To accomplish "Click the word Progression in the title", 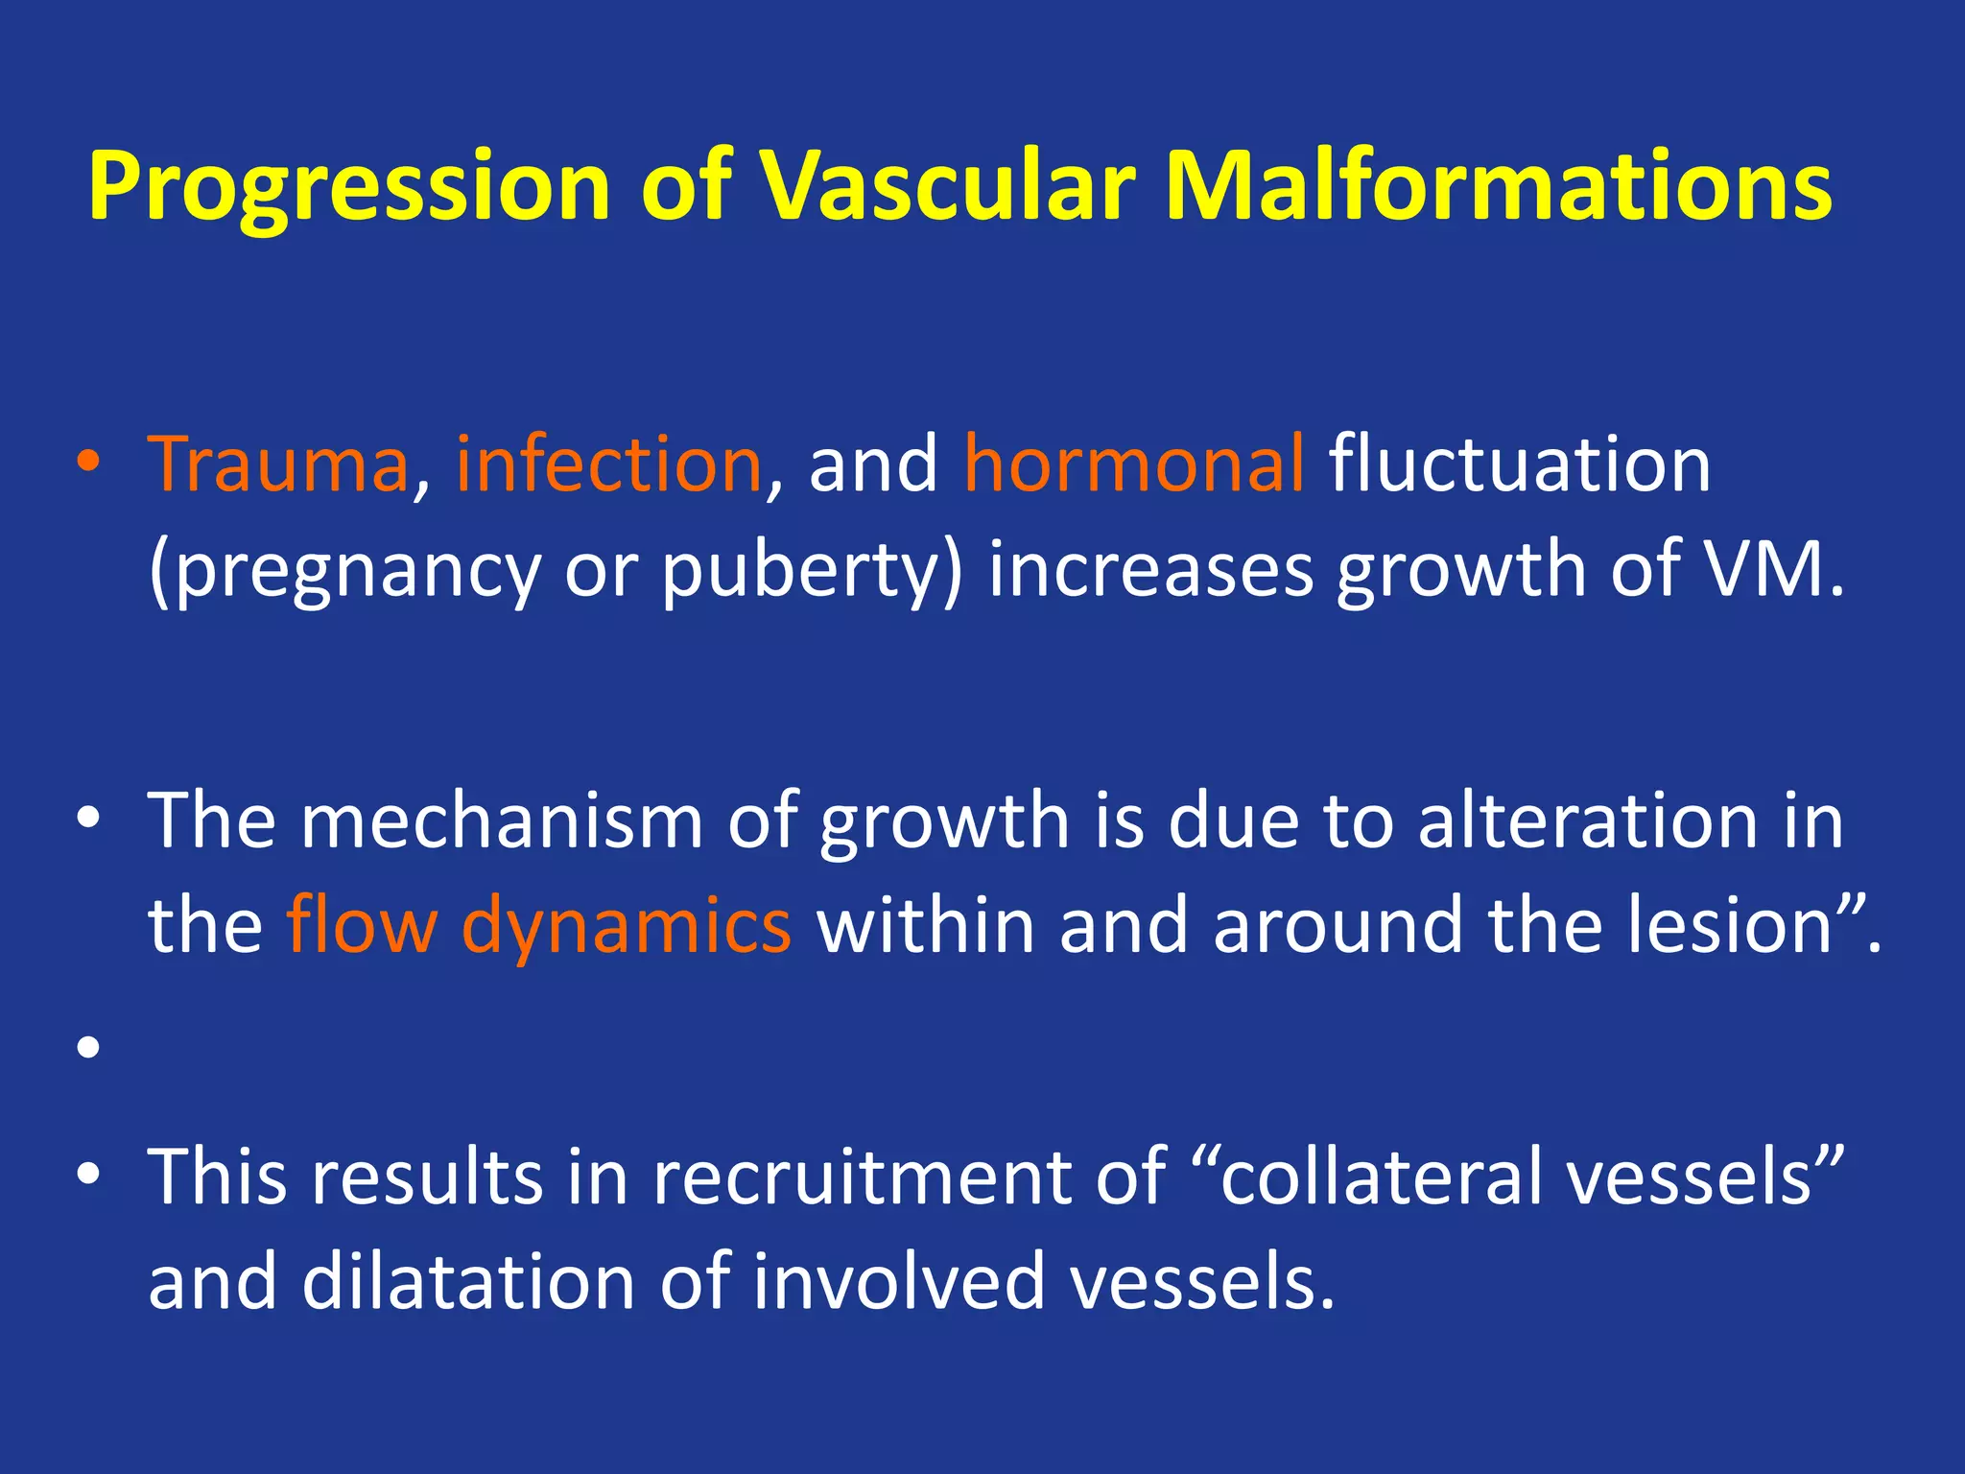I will coord(349,187).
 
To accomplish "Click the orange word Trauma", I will coord(278,464).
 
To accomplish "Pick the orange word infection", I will coord(609,464).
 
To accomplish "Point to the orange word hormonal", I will coord(1134,464).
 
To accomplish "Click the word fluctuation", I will coord(1519,464).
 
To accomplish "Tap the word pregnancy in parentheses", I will coord(354,572).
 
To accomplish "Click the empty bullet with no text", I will coord(88,1047).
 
